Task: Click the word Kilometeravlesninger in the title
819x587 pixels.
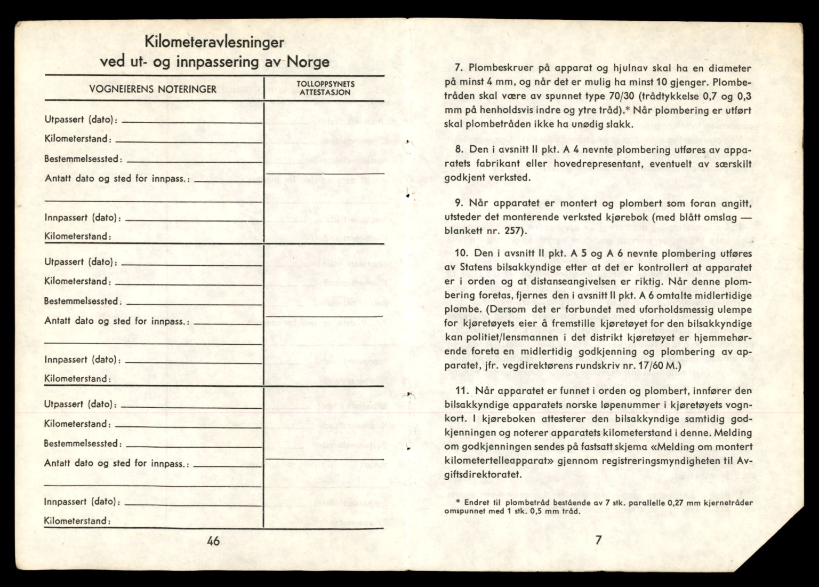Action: (213, 42)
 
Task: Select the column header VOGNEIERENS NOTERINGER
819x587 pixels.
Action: (152, 89)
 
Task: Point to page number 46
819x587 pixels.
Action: (213, 541)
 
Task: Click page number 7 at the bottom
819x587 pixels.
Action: (598, 540)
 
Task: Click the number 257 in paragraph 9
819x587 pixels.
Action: (513, 231)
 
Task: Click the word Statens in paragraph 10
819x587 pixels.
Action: (473, 267)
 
